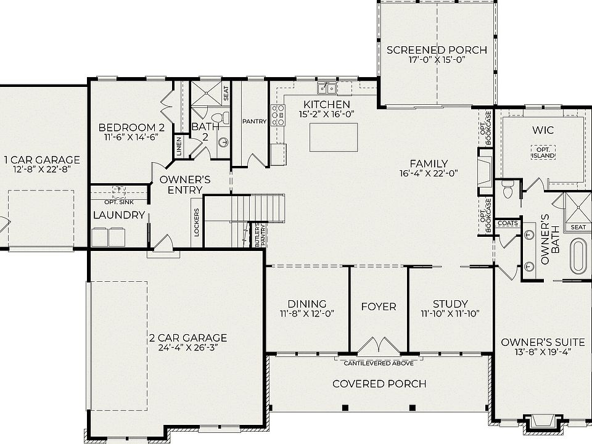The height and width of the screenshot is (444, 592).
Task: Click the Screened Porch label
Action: point(437,50)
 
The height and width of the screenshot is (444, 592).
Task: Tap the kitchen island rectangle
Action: point(333,137)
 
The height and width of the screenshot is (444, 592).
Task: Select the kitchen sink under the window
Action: point(327,87)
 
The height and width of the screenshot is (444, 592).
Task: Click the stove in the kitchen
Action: point(278,115)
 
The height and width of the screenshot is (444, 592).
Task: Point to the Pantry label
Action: point(254,121)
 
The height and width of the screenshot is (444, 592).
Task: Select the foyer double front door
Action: point(379,345)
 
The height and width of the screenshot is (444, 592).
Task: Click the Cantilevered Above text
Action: point(378,363)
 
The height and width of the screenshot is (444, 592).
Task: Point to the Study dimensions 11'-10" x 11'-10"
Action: point(450,314)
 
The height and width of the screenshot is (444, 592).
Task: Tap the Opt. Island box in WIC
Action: point(543,152)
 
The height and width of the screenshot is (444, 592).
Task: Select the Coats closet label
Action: point(508,223)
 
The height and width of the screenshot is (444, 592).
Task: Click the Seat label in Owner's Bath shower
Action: point(578,227)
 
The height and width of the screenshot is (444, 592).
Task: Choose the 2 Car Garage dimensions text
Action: point(187,348)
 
